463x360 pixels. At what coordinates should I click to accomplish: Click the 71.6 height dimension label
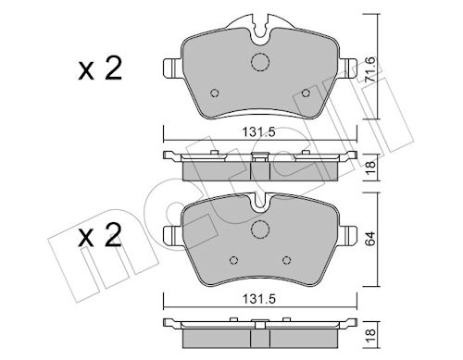(x=370, y=69)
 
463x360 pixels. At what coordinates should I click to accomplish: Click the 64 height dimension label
(x=370, y=238)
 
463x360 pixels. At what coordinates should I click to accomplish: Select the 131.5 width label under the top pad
(x=258, y=132)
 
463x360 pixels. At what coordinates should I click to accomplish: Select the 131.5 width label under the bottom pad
(x=258, y=299)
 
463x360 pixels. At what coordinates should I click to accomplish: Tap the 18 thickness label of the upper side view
(x=370, y=168)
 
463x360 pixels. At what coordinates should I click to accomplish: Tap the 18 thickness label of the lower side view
(x=370, y=333)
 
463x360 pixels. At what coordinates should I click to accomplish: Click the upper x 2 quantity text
(x=100, y=69)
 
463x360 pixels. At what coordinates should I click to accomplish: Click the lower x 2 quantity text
(x=100, y=236)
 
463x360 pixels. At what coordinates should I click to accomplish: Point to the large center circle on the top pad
(x=260, y=62)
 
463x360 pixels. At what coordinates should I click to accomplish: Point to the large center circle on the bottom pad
(x=260, y=230)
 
